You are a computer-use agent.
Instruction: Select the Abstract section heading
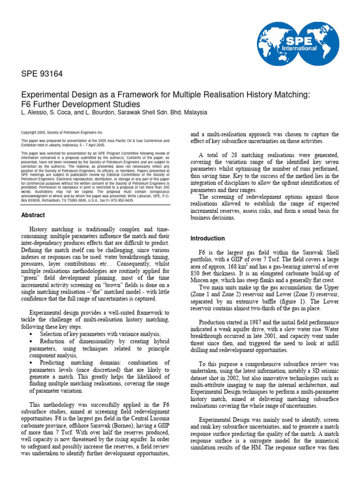[x=33, y=215]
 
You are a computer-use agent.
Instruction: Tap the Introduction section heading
[x=207, y=238]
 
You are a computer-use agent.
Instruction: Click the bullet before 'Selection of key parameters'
[x=31, y=334]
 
